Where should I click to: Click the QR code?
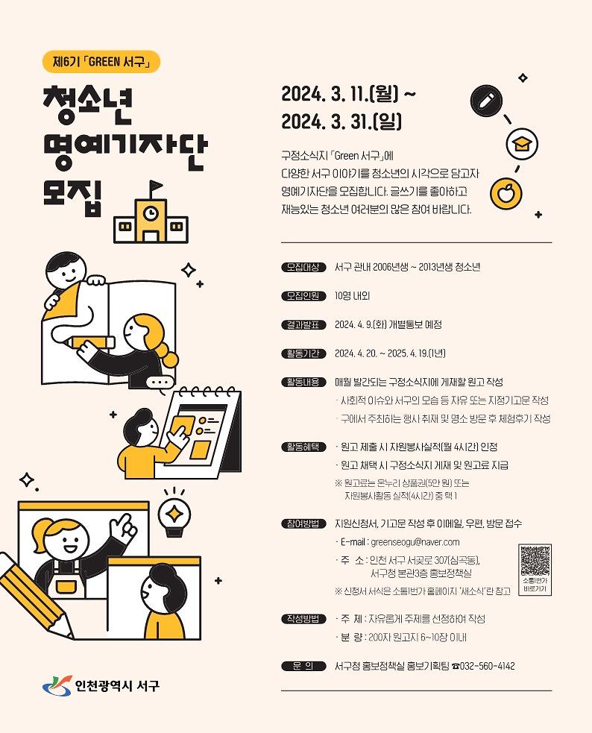[x=535, y=561]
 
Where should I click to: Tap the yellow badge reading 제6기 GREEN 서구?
[x=101, y=62]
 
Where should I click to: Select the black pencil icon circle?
[x=486, y=101]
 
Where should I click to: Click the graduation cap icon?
[x=522, y=144]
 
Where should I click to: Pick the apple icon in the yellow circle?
[x=506, y=193]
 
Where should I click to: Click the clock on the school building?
[x=150, y=213]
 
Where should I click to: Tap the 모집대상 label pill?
[x=303, y=268]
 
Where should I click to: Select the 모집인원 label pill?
[x=303, y=296]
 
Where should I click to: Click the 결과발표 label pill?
[x=303, y=325]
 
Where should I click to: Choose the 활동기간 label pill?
[x=303, y=353]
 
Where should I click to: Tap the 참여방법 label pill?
[x=303, y=523]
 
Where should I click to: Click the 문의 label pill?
[x=303, y=666]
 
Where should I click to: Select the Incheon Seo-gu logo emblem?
[x=57, y=686]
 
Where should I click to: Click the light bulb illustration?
[x=174, y=515]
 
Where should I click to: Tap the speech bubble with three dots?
[x=160, y=383]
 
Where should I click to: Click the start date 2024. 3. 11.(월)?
[x=340, y=94]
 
